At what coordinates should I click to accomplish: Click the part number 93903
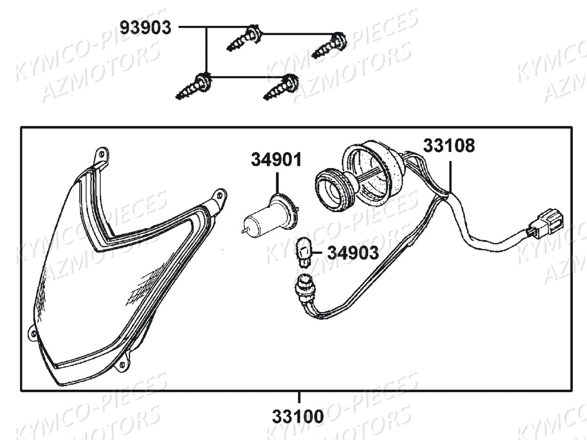[145, 28]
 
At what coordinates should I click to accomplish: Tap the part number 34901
[276, 159]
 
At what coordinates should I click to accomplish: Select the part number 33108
[449, 146]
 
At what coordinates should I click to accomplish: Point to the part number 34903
[353, 253]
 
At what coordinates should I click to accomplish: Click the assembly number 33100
[298, 417]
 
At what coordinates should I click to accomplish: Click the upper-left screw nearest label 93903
[244, 38]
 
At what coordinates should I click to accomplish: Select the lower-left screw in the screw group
[193, 86]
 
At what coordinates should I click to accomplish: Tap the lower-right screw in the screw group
[281, 87]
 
